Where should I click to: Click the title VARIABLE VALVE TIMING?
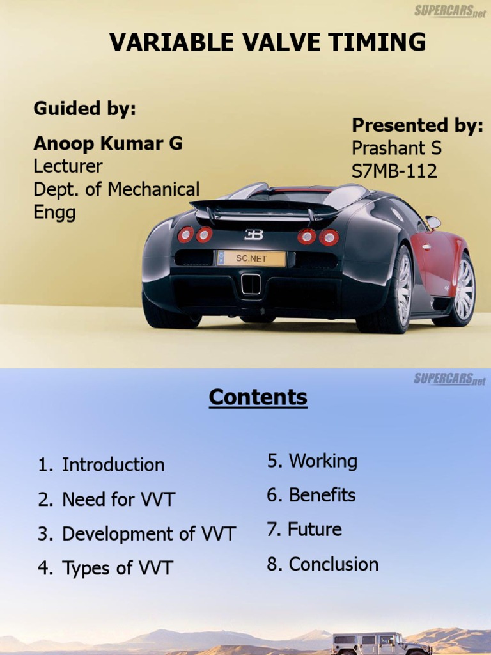tap(267, 43)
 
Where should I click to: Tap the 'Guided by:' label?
tap(84, 109)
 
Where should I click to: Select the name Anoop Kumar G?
tap(107, 143)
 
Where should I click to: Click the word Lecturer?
tap(68, 167)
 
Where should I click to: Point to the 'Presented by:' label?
tap(417, 125)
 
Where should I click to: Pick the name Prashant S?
tap(396, 148)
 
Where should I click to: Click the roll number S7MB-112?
tap(394, 171)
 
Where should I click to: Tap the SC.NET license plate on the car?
tap(251, 258)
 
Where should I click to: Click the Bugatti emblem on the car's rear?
tap(254, 235)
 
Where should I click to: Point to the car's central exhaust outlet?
tap(251, 284)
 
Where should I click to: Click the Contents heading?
tap(258, 397)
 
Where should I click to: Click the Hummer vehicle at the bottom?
tap(382, 643)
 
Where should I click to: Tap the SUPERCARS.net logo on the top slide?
tap(449, 11)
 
